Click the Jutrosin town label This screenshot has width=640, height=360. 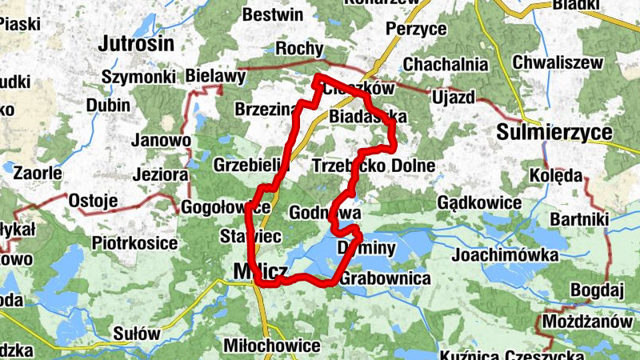(137, 44)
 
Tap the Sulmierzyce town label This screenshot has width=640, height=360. (554, 132)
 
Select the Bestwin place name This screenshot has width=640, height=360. (273, 15)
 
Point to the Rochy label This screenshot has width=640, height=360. (298, 49)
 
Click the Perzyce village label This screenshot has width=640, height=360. (415, 30)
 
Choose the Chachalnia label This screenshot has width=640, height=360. (446, 63)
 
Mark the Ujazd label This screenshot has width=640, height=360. (453, 97)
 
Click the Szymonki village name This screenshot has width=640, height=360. (139, 76)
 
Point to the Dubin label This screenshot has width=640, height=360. (108, 106)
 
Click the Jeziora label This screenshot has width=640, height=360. (161, 174)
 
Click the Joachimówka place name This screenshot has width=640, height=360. (505, 255)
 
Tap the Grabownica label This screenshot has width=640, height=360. (386, 279)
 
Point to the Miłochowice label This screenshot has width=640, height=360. (272, 346)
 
